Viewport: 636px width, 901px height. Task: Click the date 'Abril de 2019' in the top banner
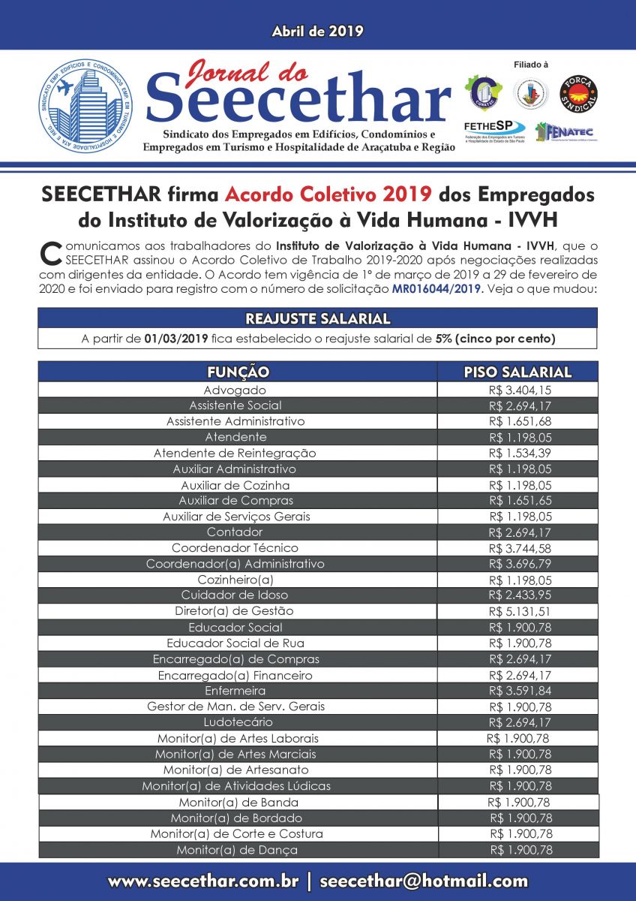[317, 32]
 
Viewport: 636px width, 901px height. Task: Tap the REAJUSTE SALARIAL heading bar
[317, 318]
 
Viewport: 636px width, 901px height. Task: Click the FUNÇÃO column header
[238, 372]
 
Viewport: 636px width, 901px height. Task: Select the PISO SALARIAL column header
[517, 372]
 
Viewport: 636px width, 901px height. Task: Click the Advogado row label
[235, 390]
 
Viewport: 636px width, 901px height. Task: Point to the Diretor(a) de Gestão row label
[235, 611]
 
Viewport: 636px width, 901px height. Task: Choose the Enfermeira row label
[235, 690]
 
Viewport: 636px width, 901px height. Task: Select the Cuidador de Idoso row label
[235, 595]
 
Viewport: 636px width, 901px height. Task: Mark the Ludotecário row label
[235, 722]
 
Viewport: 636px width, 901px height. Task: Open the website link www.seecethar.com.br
[203, 881]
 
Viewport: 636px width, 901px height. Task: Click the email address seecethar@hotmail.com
[424, 881]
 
